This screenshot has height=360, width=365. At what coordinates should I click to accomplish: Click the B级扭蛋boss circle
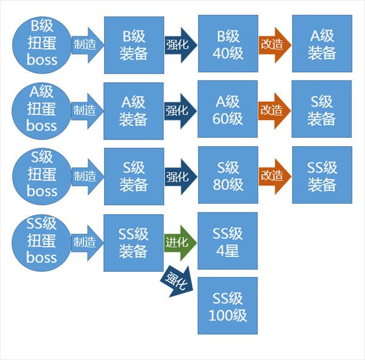(x=42, y=43)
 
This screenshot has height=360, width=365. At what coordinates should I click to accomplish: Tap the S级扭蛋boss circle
(x=42, y=175)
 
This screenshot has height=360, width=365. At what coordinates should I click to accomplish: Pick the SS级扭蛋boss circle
(x=42, y=242)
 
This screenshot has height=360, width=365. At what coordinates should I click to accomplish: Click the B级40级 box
(x=228, y=44)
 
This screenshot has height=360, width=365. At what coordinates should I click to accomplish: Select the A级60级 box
(x=228, y=110)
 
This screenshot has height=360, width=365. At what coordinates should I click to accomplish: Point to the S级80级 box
(x=228, y=175)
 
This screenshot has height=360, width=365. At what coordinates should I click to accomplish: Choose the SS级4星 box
(x=228, y=241)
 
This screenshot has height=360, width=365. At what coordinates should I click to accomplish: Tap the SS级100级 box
(x=228, y=306)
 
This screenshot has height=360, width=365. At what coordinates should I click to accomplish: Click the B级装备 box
(x=134, y=45)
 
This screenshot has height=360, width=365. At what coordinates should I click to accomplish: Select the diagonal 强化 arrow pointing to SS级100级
(x=176, y=281)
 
